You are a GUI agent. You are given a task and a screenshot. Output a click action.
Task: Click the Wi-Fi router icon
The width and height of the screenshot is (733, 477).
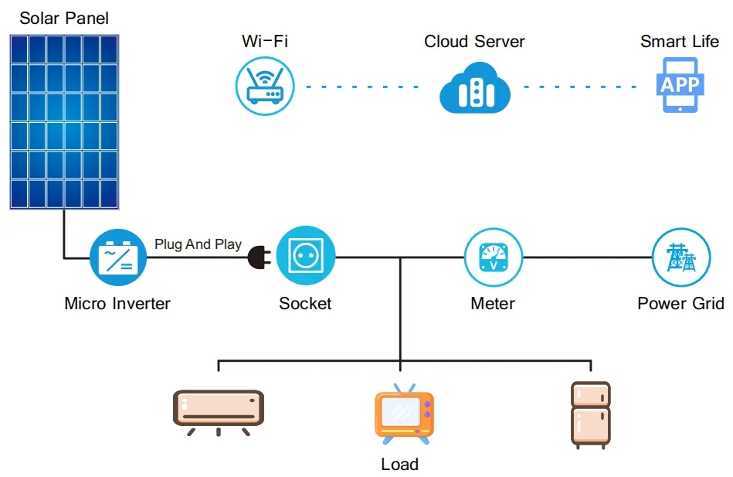point(265,86)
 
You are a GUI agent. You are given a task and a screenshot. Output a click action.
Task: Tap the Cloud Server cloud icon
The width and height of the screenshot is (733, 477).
point(474,87)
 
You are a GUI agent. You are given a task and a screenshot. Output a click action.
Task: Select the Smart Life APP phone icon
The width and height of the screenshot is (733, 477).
point(680,86)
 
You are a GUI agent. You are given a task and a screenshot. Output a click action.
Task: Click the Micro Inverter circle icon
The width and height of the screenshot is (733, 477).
point(117,257)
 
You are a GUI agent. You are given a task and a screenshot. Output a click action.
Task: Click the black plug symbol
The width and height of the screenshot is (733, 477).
point(258,258)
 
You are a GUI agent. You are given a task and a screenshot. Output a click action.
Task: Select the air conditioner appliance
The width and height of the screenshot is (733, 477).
point(218,411)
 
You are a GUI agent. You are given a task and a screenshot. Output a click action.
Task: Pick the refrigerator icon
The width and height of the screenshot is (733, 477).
point(590,414)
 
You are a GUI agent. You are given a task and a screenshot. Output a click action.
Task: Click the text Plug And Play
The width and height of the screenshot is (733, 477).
point(198,244)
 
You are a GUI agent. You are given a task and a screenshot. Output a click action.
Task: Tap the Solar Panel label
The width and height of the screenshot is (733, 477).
point(64,18)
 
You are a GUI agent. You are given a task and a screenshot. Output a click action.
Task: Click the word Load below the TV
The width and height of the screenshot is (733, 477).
point(399,465)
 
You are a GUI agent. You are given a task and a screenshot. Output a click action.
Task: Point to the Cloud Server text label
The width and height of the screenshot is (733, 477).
point(474,42)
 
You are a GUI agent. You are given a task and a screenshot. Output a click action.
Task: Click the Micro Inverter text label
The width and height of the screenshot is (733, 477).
point(117,304)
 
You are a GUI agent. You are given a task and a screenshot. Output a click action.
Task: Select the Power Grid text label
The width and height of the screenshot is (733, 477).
point(680,304)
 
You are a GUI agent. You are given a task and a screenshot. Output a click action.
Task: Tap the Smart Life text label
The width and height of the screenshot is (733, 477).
point(680,42)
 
